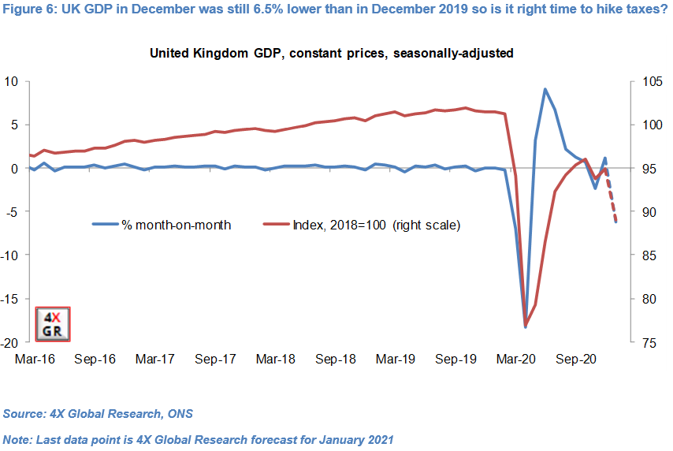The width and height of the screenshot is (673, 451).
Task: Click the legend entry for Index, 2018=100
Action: tap(371, 225)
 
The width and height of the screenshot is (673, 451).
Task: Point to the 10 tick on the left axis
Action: tap(13, 81)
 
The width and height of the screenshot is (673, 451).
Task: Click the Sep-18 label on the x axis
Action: tap(336, 359)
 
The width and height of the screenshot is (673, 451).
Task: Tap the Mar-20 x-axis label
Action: tap(517, 359)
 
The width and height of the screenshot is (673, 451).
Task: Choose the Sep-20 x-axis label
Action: tap(576, 359)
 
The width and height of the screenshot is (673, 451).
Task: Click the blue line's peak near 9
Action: tap(545, 89)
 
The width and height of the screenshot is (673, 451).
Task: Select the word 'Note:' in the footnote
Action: tap(18, 439)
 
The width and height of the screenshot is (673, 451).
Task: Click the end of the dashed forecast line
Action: tap(615, 222)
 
